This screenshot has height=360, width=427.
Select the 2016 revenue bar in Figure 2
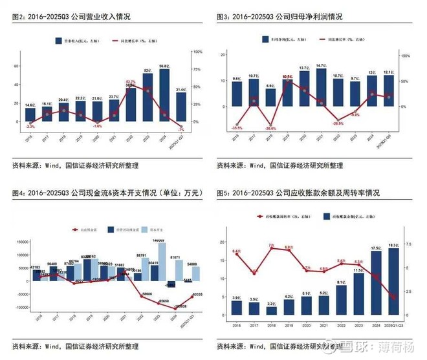coord(30,115)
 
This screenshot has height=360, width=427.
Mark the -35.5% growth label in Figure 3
coord(237,128)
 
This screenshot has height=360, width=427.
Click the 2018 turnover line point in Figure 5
coord(271,248)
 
